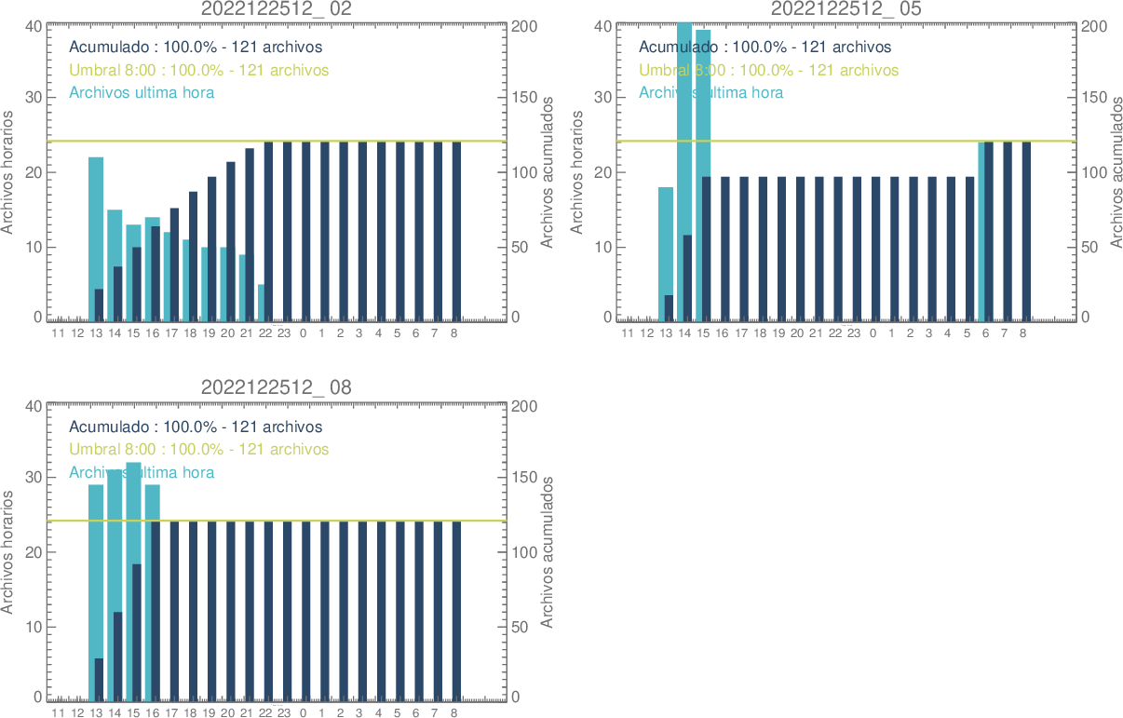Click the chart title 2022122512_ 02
coord(277,8)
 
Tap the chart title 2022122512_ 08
coord(277,387)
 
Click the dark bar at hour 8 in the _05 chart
coord(1026,231)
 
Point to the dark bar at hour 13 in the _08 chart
coord(99,678)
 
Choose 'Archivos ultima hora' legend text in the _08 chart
coord(142,472)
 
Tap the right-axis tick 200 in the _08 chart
coord(524,406)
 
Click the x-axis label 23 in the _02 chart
coord(284,332)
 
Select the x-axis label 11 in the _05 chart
coord(628,332)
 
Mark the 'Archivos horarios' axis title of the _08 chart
coord(8,551)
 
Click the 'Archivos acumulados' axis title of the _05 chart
coord(1116,171)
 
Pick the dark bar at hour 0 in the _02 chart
coord(305,231)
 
